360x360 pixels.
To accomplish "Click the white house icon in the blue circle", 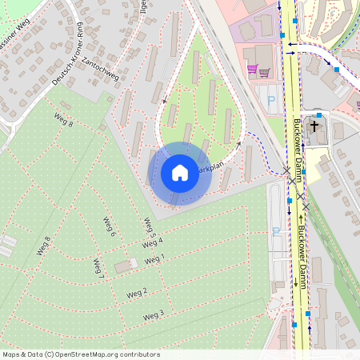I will tap(180, 173).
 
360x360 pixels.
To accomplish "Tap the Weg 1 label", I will tap(154, 258).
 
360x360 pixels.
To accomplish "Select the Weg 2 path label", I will tap(137, 292).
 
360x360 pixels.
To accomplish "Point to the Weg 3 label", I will tap(154, 315).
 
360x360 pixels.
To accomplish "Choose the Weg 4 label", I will tap(153, 242).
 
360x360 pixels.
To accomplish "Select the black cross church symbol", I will tap(314, 126).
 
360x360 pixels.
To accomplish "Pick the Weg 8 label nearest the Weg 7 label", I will tap(43, 246).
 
